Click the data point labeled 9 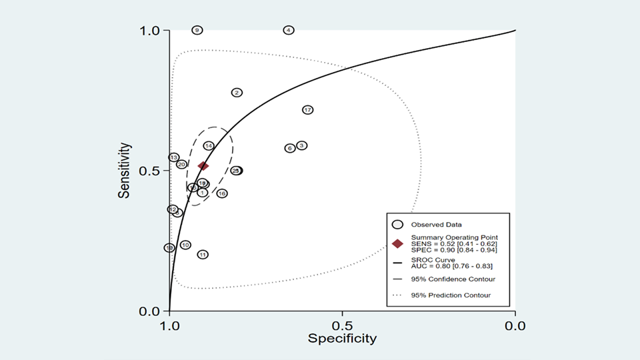coord(197,30)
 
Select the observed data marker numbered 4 coord(289,30)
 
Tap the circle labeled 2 coord(237,93)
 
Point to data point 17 coord(307,110)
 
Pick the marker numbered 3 coord(301,145)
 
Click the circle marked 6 coord(290,148)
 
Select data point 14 coord(209,146)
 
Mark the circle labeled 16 coord(222,193)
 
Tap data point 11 coord(203,254)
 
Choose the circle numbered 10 coord(185,245)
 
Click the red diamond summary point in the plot coord(203,165)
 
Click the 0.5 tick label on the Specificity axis coord(342,326)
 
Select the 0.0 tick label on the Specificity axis coord(515,326)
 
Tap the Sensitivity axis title coord(124,171)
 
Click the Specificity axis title coord(342,339)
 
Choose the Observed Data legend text coord(437,225)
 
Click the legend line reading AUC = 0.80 coord(442,267)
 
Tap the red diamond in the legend coord(398,244)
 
